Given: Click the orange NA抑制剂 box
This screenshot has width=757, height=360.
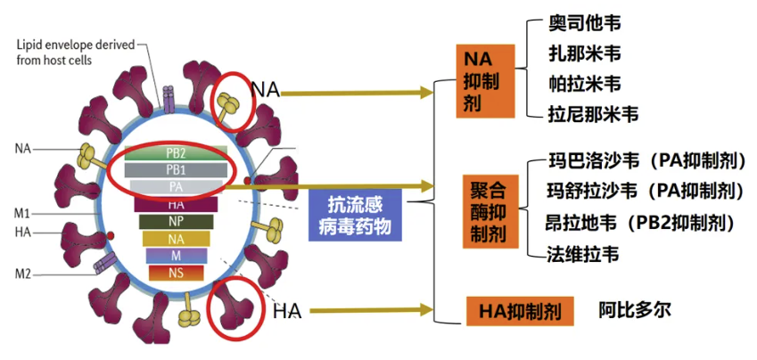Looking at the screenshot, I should [487, 80].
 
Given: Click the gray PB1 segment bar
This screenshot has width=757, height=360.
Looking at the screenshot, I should [176, 169].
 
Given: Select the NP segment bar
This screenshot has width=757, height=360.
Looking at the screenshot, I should [176, 221].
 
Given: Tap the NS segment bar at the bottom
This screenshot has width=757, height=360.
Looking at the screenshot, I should [176, 273].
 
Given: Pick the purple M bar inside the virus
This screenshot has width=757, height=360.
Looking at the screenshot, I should [176, 256].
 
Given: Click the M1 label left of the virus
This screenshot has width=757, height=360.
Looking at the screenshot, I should [23, 213].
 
